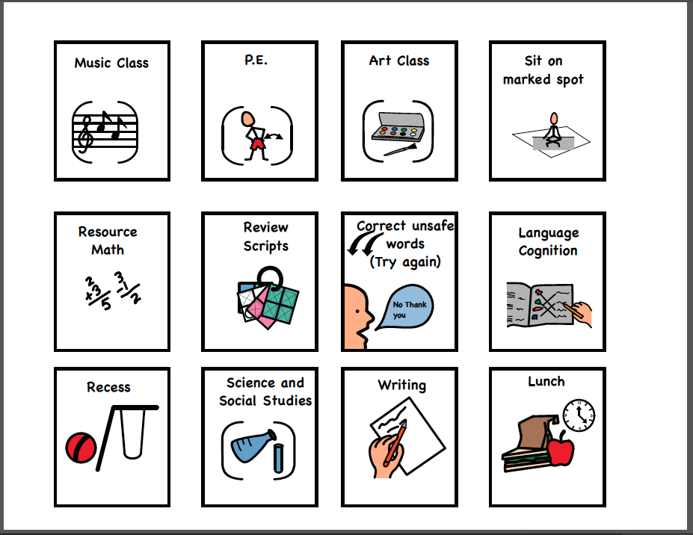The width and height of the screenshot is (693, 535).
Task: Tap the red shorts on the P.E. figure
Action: tap(256, 143)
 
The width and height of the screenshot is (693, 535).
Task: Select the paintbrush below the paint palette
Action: tap(400, 149)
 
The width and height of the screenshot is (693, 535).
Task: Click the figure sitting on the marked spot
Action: tap(553, 129)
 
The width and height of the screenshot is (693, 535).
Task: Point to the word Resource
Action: tap(108, 232)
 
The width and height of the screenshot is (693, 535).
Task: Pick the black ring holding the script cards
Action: tap(270, 277)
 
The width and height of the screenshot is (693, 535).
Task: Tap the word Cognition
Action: tap(547, 250)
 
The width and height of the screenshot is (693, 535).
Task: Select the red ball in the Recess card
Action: tap(81, 448)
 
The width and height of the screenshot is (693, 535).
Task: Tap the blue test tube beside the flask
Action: tap(278, 458)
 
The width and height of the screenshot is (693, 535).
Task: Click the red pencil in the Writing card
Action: tap(395, 442)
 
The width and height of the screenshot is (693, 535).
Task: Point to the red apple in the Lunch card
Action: tap(561, 448)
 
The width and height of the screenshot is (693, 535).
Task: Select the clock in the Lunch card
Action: tap(579, 415)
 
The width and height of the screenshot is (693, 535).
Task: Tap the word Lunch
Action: tap(546, 381)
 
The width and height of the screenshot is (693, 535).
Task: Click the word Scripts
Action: tap(265, 246)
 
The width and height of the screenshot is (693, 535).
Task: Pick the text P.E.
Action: tap(256, 60)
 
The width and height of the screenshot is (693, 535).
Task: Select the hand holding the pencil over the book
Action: tap(580, 313)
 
